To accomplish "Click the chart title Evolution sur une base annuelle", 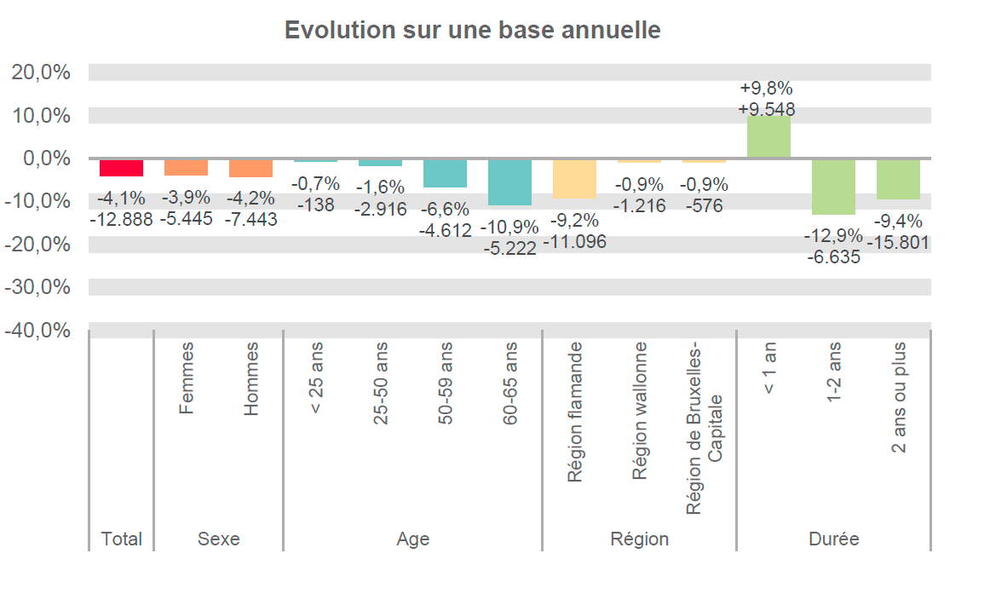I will click(x=472, y=30).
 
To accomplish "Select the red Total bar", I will click(x=121, y=167).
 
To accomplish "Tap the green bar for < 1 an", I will click(x=768, y=136).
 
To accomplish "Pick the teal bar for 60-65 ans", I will click(x=509, y=182).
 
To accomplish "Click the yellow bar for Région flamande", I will click(x=574, y=178).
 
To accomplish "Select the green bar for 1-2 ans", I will click(x=833, y=186).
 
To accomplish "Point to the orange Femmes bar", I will click(x=186, y=167).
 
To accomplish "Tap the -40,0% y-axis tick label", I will click(x=37, y=331).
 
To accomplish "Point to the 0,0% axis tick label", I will click(x=43, y=159).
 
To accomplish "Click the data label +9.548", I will click(x=767, y=109).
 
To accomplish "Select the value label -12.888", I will click(x=121, y=219).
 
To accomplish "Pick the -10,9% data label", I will click(x=509, y=228).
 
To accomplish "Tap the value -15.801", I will click(x=898, y=243).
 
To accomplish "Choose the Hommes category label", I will click(x=250, y=378).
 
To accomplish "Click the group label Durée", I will click(x=833, y=539).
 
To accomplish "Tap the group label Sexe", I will click(x=218, y=539).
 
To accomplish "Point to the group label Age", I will click(x=412, y=539).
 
